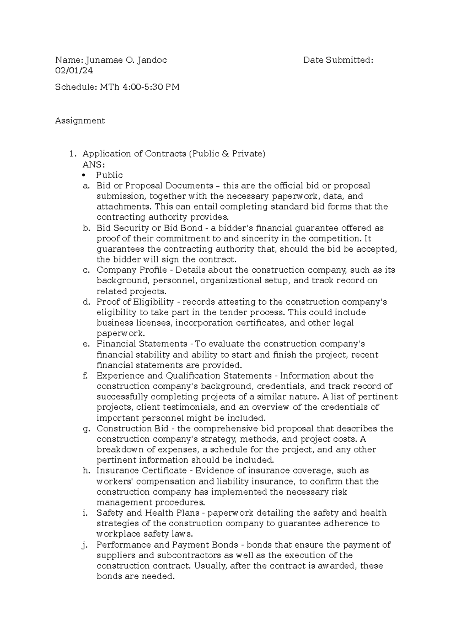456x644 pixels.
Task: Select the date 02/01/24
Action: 74,71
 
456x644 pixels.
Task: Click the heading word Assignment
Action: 80,121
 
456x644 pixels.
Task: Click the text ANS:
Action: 93,164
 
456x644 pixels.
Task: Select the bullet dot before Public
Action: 84,175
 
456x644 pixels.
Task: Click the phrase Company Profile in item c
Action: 131,270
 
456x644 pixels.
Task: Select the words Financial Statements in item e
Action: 142,344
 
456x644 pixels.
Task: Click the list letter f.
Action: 85,376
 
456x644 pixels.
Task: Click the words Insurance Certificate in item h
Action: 141,470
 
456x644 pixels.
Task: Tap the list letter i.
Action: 84,513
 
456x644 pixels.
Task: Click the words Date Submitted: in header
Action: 338,60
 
